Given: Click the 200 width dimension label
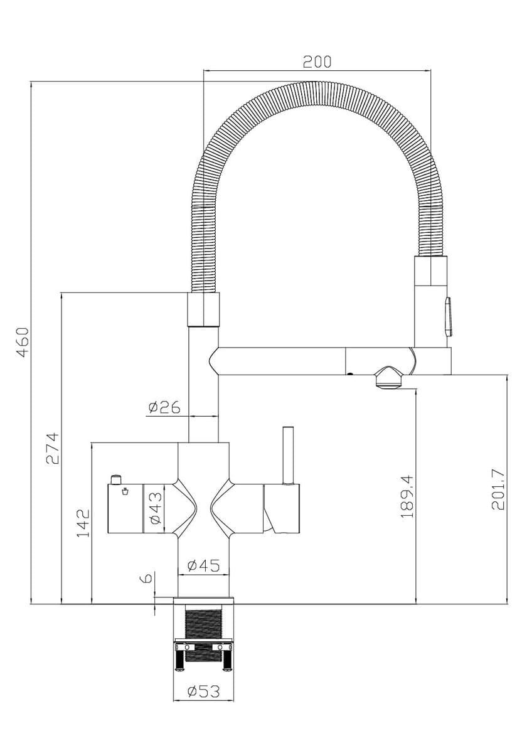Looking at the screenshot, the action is [x=317, y=61].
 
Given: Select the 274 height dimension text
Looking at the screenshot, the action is [x=52, y=449].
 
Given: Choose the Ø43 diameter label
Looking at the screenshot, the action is [x=156, y=508].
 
